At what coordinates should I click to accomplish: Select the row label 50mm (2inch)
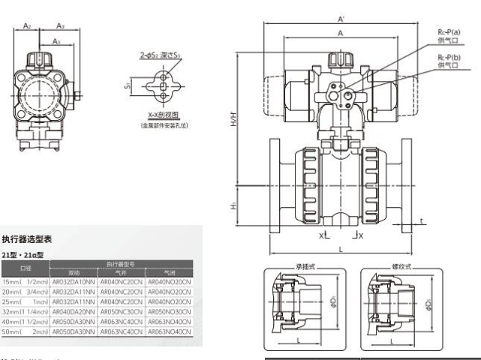pos(26,330)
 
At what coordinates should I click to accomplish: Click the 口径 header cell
pos(26,267)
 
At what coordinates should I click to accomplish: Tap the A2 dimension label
pos(27,25)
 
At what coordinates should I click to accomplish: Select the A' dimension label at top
pos(341,18)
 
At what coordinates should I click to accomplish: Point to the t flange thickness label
pos(422,221)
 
